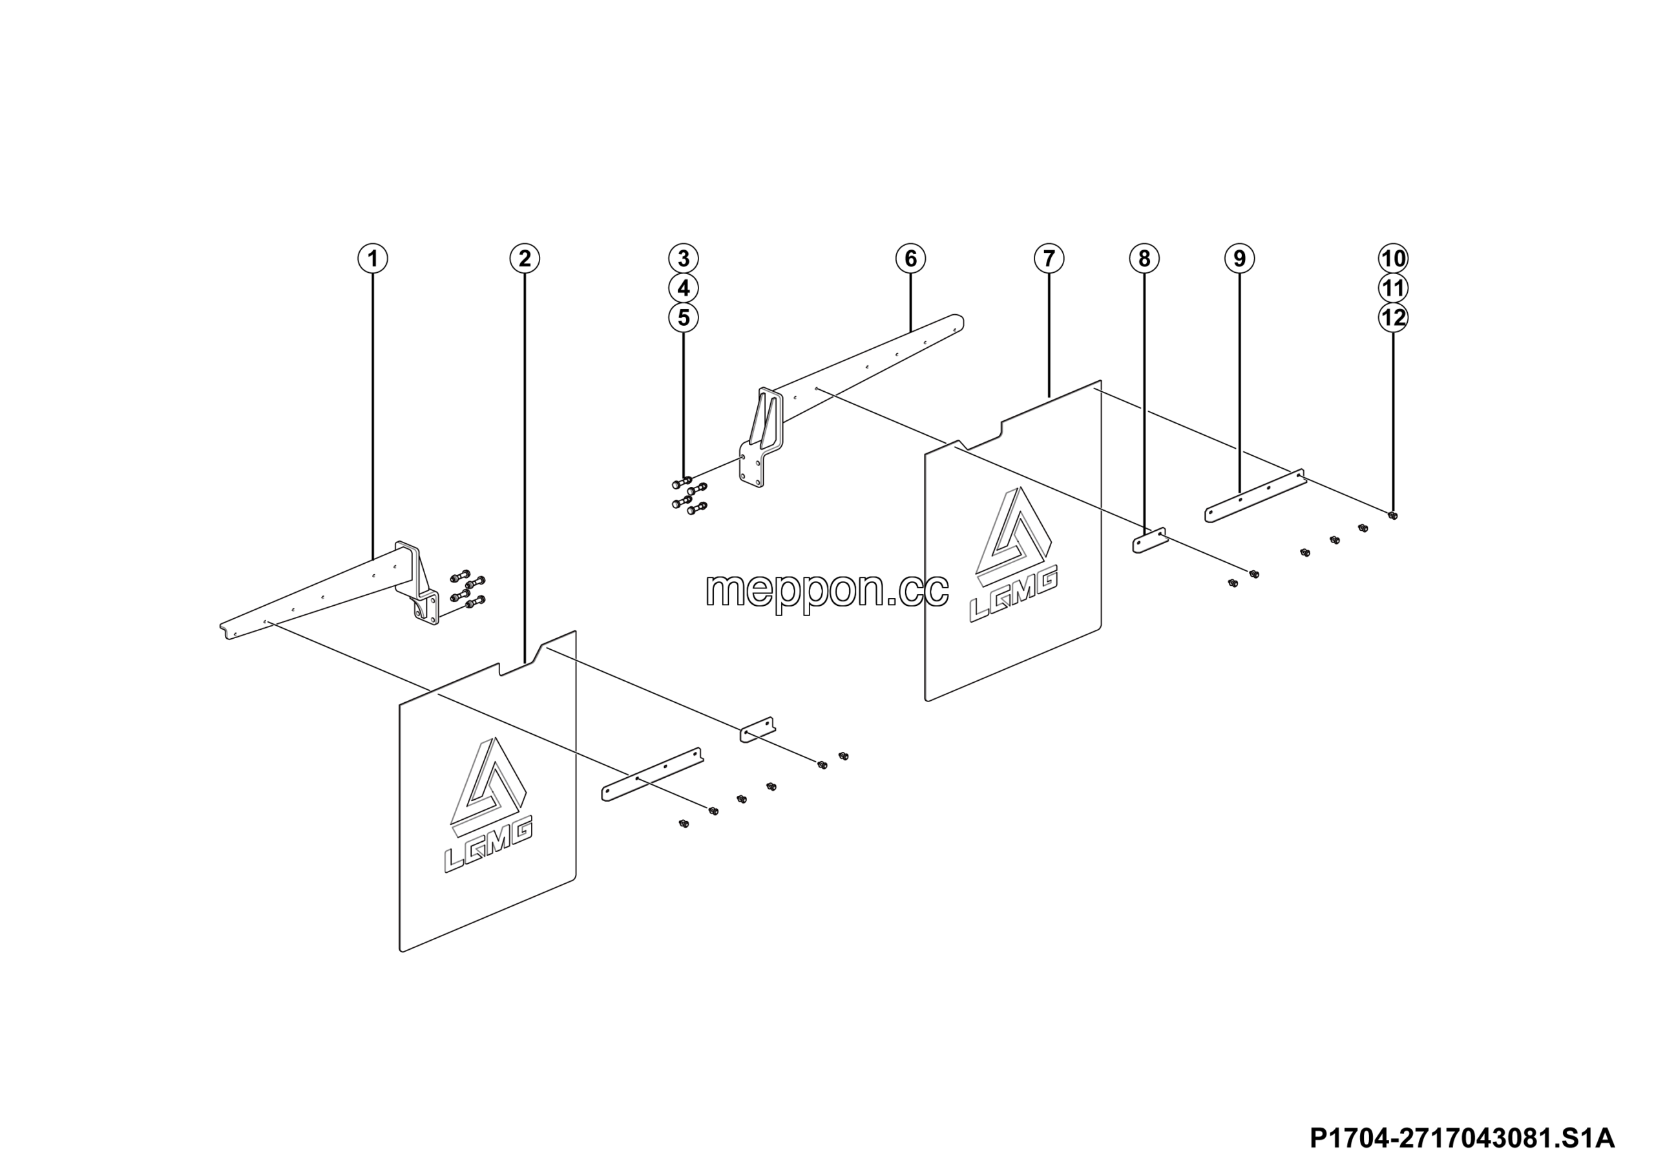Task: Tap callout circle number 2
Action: pos(525,258)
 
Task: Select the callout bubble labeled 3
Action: pos(684,258)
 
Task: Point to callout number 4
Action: pos(684,288)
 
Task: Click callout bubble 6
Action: pos(910,258)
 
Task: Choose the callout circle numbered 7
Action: pos(1049,258)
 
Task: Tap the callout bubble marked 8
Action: pos(1145,258)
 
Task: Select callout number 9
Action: pos(1240,258)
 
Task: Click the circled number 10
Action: pos(1393,258)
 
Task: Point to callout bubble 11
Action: pos(1393,288)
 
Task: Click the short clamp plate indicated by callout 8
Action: pos(1151,540)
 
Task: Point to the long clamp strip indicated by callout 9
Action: pos(1255,496)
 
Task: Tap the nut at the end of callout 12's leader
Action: pos(1392,515)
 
